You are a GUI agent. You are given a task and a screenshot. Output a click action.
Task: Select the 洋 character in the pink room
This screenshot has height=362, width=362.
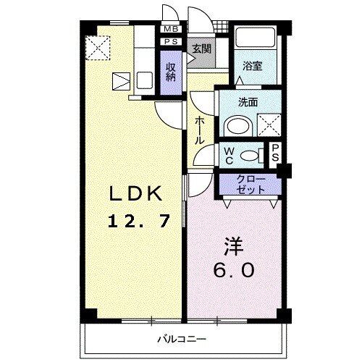point(233,246)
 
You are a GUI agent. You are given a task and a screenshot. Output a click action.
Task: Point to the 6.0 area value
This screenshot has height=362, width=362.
point(233,271)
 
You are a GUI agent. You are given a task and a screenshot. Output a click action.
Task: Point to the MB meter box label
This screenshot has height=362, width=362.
point(172,29)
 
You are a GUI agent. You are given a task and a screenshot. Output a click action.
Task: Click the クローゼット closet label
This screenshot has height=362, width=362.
point(250,184)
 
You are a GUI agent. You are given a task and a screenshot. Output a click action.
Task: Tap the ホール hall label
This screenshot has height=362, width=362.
point(199,130)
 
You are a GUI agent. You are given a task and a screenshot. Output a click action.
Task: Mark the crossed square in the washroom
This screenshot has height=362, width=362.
point(269,125)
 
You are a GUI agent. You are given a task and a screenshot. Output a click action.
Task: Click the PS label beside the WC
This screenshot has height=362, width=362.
point(275,153)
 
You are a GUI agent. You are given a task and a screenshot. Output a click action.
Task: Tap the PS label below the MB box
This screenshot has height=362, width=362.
point(172,42)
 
